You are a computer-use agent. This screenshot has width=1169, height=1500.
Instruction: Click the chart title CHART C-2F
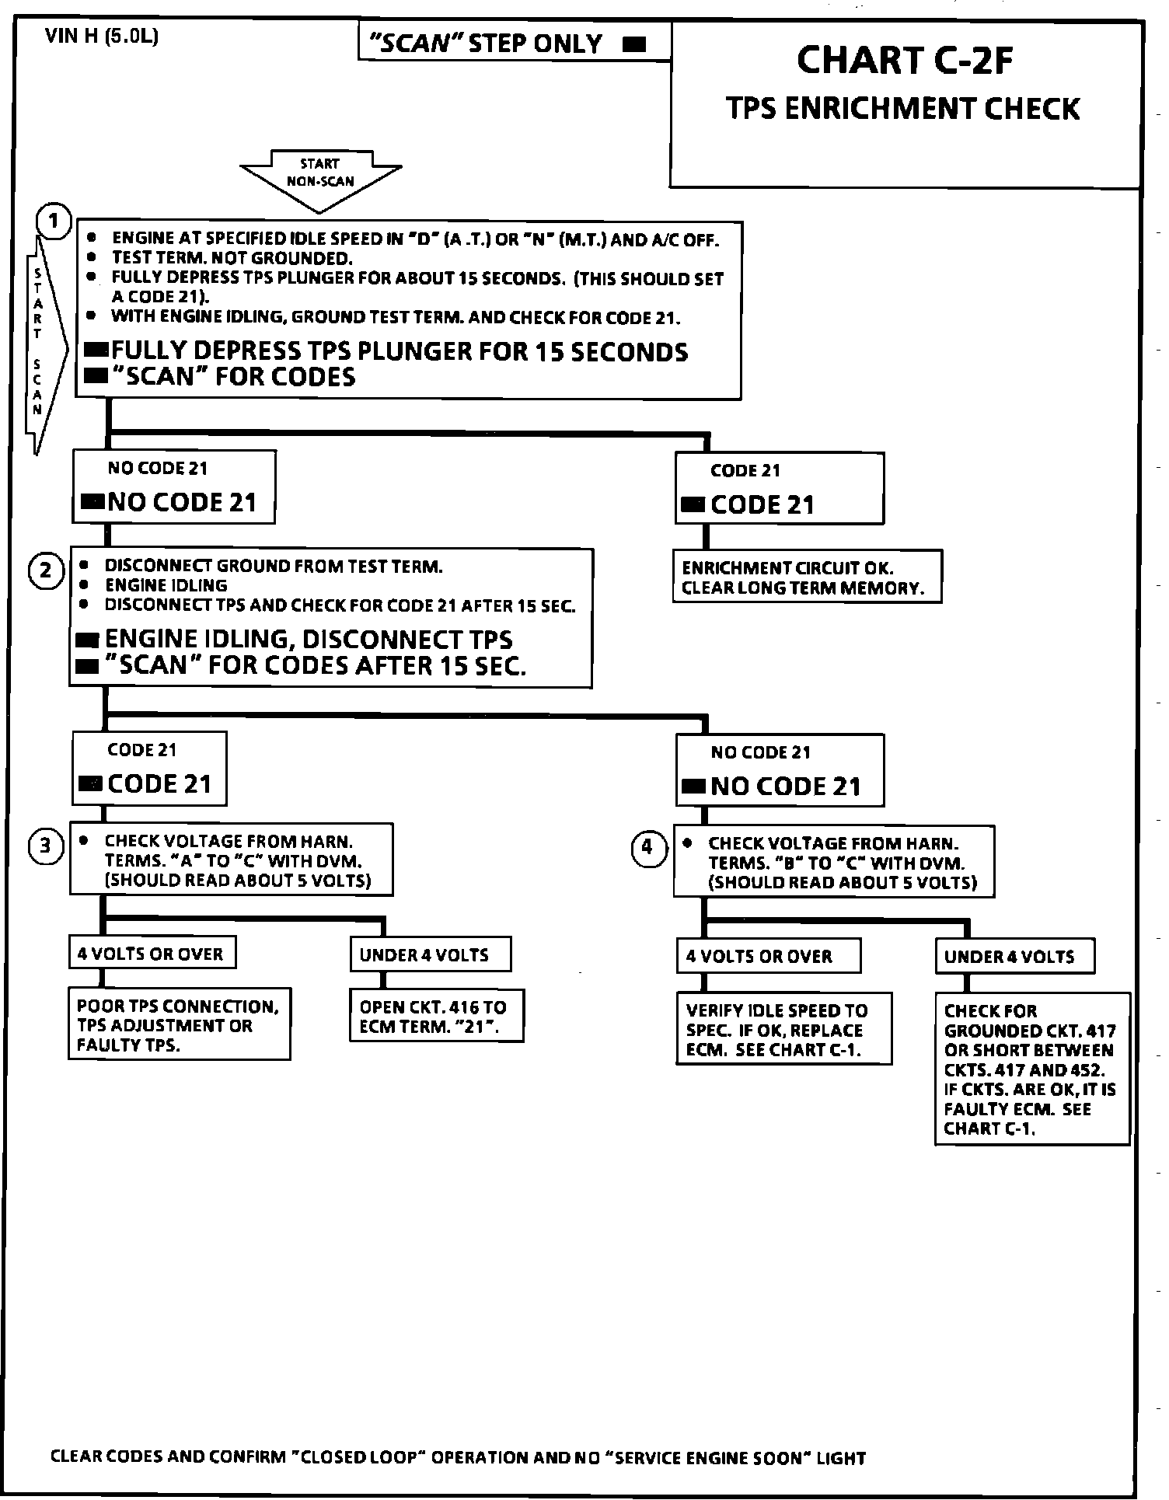[x=905, y=60]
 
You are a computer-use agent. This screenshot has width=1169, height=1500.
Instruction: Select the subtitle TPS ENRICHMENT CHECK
[x=903, y=108]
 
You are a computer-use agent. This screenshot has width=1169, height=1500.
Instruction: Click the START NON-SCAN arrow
[x=320, y=180]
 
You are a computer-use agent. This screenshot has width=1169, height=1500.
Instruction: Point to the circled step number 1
[x=54, y=222]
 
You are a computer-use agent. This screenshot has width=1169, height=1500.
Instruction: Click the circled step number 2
[x=46, y=571]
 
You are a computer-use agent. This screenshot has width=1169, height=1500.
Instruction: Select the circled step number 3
[x=46, y=846]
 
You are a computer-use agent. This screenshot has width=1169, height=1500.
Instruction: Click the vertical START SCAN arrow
[x=39, y=342]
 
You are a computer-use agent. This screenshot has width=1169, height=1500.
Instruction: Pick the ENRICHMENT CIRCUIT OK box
[x=807, y=577]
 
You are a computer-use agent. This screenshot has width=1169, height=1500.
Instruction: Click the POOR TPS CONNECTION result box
[x=179, y=1025]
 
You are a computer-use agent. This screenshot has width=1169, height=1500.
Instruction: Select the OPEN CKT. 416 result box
[x=436, y=1017]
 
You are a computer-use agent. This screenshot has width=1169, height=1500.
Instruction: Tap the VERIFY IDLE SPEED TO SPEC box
[x=783, y=1030]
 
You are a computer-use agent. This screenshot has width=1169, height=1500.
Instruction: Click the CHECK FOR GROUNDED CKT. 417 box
[x=1031, y=1069]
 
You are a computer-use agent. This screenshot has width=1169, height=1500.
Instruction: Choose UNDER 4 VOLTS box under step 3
[x=430, y=954]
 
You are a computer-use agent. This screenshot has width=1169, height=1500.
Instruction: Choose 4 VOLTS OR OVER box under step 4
[x=768, y=956]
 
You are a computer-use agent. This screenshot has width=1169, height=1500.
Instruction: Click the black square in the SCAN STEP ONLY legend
[x=635, y=44]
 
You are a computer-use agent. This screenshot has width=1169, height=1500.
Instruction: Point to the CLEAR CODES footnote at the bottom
[x=458, y=1457]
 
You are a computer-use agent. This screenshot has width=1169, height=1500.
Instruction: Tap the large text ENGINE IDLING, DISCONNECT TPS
[x=309, y=640]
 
